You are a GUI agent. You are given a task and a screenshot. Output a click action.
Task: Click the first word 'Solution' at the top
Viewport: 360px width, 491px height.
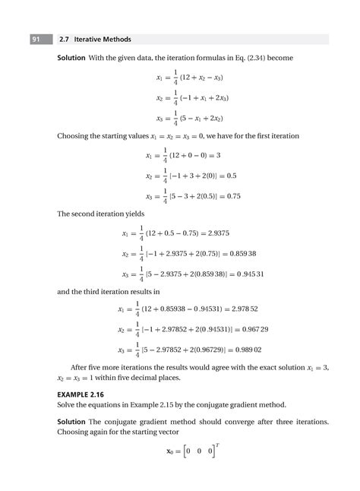[x=74, y=58]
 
